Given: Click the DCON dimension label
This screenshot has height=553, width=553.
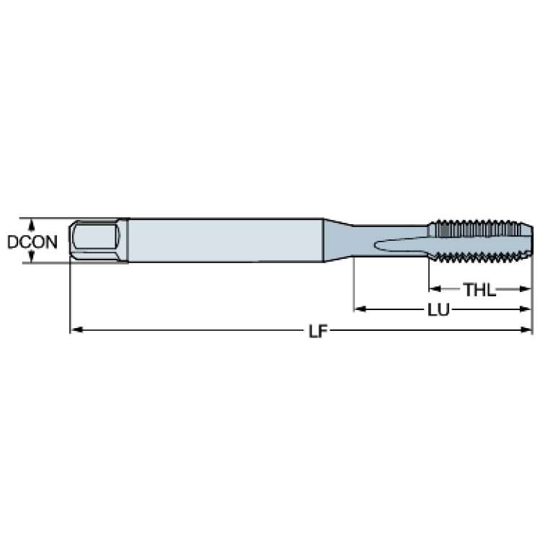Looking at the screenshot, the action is [32, 242].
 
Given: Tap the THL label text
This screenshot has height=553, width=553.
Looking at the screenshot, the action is [479, 290].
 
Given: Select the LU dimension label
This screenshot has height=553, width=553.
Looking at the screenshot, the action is [438, 310].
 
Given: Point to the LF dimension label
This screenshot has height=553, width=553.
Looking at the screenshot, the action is [318, 331].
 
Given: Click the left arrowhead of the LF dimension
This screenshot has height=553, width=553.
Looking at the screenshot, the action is [76, 329].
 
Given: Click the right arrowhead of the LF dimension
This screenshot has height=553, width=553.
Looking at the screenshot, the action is [526, 330].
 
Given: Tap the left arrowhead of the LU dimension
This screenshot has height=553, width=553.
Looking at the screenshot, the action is [360, 309].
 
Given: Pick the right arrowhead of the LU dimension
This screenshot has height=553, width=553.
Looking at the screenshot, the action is [525, 309].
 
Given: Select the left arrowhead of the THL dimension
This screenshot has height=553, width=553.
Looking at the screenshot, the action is [435, 289].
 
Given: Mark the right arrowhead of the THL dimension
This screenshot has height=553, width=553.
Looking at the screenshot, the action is [525, 289].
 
